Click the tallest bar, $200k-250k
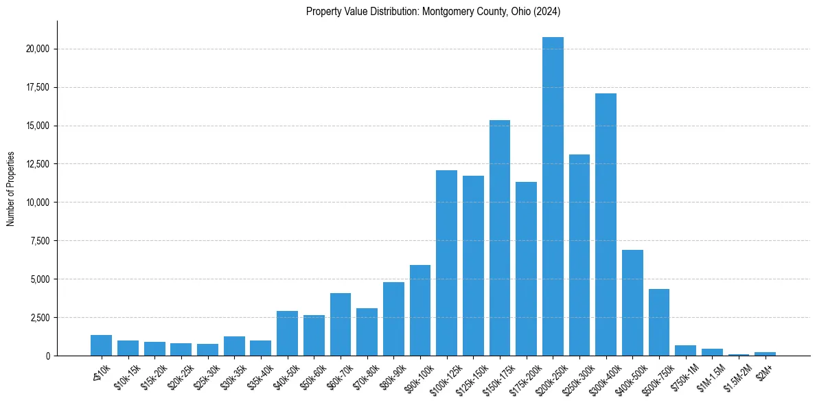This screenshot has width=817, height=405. point(553,196)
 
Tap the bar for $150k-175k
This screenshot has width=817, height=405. point(500,238)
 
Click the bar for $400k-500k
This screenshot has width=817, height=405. point(632,303)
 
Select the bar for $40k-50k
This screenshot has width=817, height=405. point(287,333)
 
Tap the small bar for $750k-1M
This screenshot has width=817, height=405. point(685,350)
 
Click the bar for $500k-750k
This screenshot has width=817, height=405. point(659,322)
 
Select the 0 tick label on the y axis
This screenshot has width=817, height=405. point(47,356)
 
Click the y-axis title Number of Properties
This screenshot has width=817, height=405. point(11,188)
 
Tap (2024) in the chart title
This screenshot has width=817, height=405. point(549,11)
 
